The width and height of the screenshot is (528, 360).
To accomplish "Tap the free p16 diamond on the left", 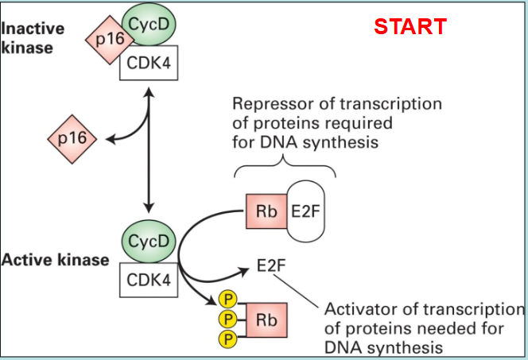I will [x=72, y=141].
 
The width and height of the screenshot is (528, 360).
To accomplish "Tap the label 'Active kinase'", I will [x=56, y=260].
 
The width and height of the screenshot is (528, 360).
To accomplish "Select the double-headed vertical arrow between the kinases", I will [x=149, y=151].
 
